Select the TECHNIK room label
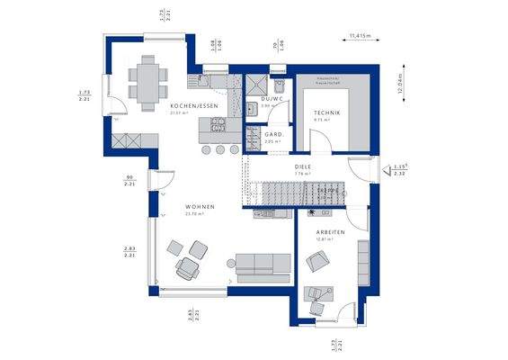click(x=325, y=111)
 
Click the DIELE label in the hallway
click(x=302, y=167)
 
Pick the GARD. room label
click(x=274, y=134)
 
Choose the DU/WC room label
click(x=272, y=98)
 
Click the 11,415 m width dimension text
click(x=360, y=36)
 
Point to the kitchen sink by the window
click(x=216, y=83)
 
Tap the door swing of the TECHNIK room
click(x=319, y=139)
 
